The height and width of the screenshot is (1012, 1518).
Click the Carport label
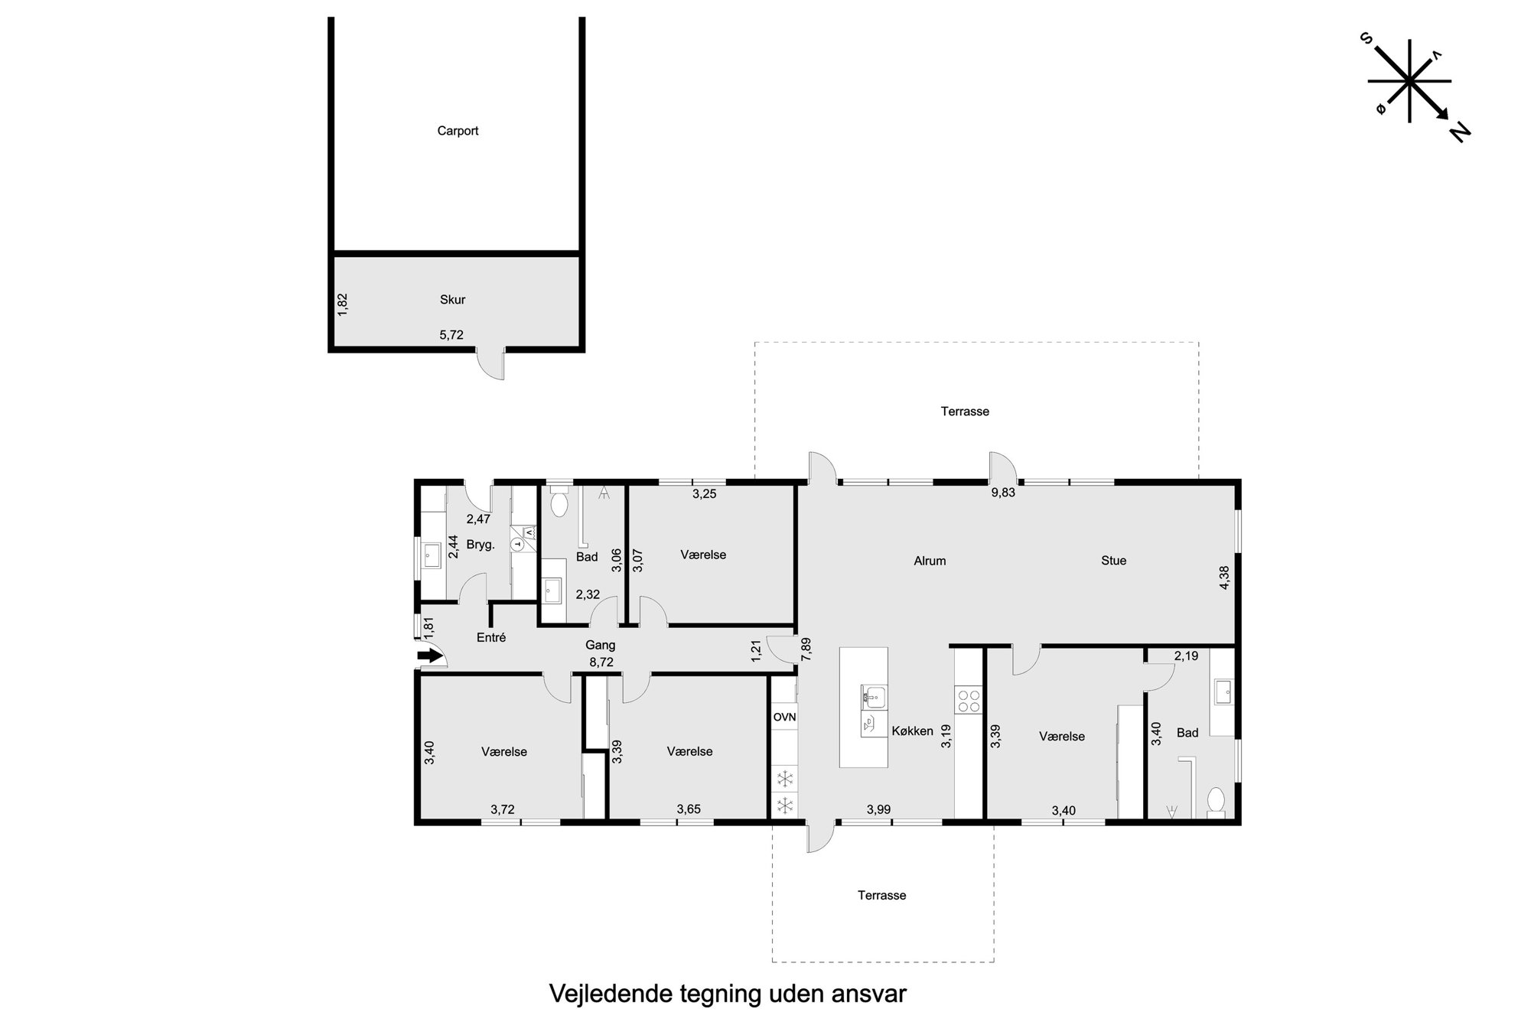pos(458,131)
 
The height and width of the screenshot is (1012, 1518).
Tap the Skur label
pos(452,300)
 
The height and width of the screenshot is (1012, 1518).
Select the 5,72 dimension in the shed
pos(451,335)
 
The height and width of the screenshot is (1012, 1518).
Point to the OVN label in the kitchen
pos(784,718)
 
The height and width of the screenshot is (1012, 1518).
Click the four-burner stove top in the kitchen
pos(969,701)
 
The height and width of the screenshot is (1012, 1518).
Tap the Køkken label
pos(912,731)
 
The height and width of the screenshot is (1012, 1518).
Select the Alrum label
pos(930,561)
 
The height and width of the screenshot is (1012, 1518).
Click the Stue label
pos(1113,561)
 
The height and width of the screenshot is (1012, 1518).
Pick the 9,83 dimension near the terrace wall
pos(1003,493)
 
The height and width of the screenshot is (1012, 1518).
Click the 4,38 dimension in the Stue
pos(1224,578)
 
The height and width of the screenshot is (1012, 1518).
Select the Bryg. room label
pos(481,545)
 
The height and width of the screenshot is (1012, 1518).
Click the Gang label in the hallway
pos(601,646)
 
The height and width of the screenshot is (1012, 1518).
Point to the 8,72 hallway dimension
pos(601,662)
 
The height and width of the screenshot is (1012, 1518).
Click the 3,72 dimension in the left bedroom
pos(503,810)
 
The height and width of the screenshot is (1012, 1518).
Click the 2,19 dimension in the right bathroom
pos(1186,656)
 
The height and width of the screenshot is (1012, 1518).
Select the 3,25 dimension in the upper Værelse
pos(704,494)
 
